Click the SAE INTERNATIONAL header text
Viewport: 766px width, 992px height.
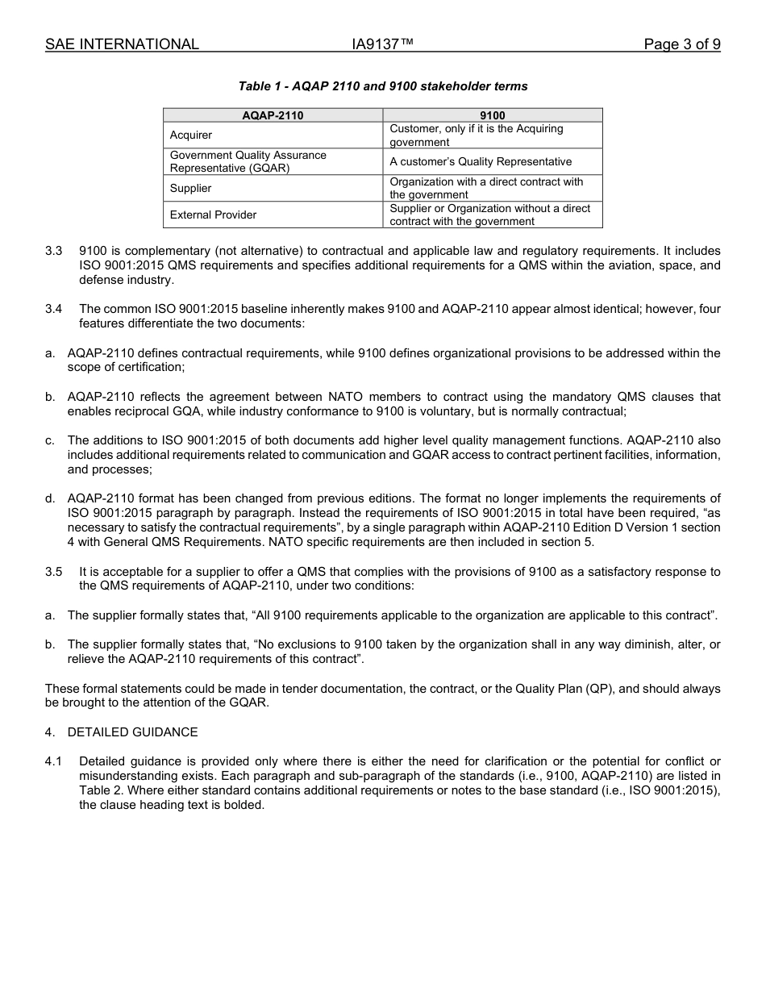(x=122, y=44)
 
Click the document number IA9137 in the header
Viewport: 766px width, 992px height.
(x=382, y=44)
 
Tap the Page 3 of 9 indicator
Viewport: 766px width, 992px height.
(x=681, y=44)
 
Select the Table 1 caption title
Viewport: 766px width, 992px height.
(x=383, y=86)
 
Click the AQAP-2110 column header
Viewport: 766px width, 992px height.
(x=273, y=115)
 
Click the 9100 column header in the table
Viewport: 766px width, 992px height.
(x=492, y=115)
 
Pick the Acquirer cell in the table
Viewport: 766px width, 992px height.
(x=191, y=135)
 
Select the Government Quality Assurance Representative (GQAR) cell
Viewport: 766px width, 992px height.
(x=248, y=161)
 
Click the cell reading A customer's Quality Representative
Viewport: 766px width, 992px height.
(x=481, y=161)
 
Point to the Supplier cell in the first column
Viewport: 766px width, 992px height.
(x=190, y=188)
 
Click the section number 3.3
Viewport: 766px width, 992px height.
(x=53, y=252)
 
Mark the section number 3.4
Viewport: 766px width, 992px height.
(x=53, y=310)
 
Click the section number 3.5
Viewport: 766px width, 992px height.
(x=53, y=572)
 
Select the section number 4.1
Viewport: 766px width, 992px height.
(x=53, y=761)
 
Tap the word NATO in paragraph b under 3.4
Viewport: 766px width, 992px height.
(x=347, y=397)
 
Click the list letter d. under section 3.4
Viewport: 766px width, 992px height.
(x=50, y=498)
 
